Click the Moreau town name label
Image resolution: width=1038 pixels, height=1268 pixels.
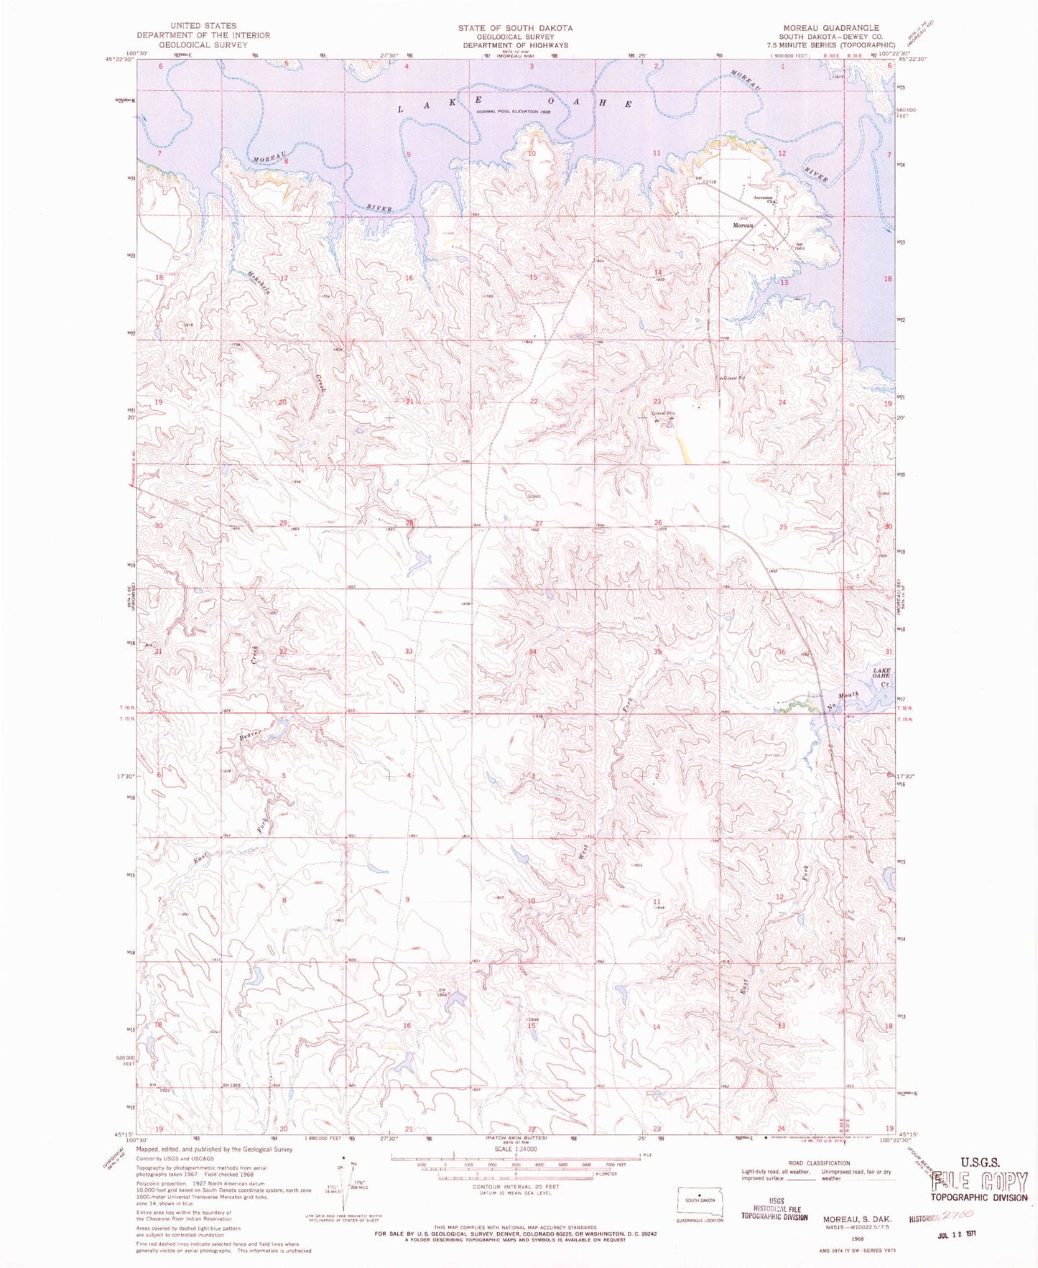point(743,226)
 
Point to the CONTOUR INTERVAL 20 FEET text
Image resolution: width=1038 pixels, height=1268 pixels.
point(516,1187)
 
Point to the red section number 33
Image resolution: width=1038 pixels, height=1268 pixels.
point(409,651)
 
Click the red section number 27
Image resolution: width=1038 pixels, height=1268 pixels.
point(539,523)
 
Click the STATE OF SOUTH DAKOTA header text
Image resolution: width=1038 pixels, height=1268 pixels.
point(515,27)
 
